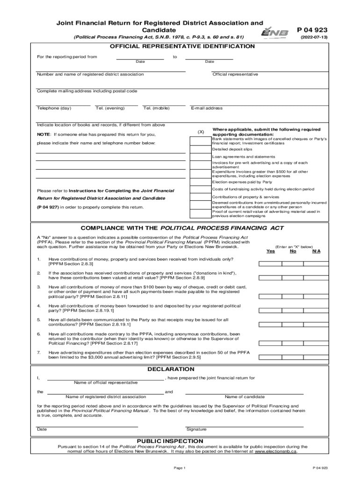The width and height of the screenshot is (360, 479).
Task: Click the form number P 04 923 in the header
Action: click(x=312, y=30)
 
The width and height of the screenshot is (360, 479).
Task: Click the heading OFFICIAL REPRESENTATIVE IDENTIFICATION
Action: click(x=182, y=46)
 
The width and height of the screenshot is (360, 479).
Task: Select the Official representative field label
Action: click(x=235, y=74)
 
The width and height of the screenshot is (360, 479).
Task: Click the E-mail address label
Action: click(x=207, y=108)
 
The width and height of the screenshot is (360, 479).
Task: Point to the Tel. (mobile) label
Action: click(x=156, y=108)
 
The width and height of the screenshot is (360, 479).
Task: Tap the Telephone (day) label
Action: click(x=54, y=108)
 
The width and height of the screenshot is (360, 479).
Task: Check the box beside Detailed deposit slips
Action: click(x=200, y=149)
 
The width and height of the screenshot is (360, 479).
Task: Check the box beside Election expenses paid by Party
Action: click(x=200, y=182)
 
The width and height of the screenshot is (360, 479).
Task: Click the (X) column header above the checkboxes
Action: click(x=201, y=132)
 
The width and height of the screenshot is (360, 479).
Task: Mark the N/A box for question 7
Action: click(x=316, y=355)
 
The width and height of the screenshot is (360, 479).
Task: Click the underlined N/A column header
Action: click(x=316, y=251)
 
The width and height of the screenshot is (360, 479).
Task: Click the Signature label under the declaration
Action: click(x=196, y=429)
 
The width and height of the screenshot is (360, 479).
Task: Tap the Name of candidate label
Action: click(x=245, y=397)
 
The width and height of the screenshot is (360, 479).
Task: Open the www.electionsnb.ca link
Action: click(x=275, y=452)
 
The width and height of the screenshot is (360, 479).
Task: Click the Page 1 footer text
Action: click(x=180, y=468)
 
